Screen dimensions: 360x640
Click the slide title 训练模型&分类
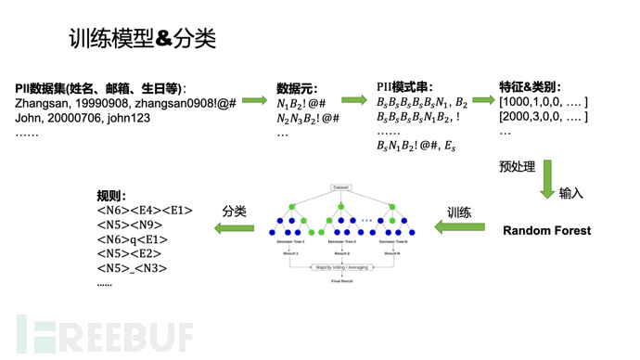tap(142, 38)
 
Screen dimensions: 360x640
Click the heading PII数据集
tap(100, 88)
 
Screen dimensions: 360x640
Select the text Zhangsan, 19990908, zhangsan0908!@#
tap(125, 103)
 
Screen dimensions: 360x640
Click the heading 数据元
tap(297, 88)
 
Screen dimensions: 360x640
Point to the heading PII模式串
tap(404, 88)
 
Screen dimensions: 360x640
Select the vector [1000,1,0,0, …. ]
tap(543, 102)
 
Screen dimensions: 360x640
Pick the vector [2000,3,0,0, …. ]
tap(543, 117)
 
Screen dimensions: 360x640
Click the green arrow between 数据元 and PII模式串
tap(353, 100)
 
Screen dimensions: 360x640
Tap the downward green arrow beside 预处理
tap(547, 178)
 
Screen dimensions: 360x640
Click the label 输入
tap(571, 193)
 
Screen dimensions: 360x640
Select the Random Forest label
tap(546, 230)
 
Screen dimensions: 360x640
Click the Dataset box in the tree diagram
tap(341, 187)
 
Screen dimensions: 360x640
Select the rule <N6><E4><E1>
tap(144, 211)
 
